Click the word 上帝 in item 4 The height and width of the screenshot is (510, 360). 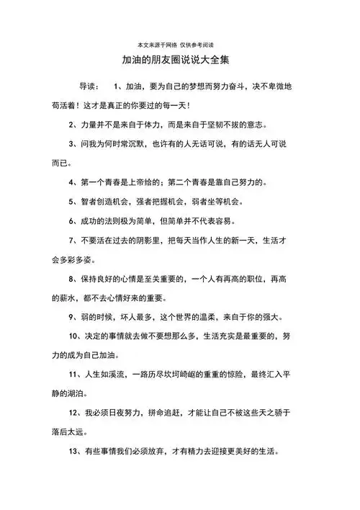(x=143, y=182)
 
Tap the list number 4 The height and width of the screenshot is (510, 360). (x=71, y=182)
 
